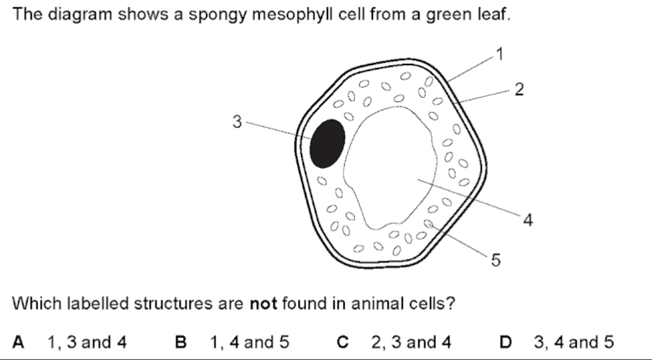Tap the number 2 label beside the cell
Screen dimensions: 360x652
519,89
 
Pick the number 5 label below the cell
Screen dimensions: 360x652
496,259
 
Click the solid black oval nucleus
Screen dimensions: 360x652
328,143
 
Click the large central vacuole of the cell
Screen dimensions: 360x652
393,166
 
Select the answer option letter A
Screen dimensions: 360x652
19,342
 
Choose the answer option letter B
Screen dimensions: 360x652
180,342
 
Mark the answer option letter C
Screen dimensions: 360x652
342,342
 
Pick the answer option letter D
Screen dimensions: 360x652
505,342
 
